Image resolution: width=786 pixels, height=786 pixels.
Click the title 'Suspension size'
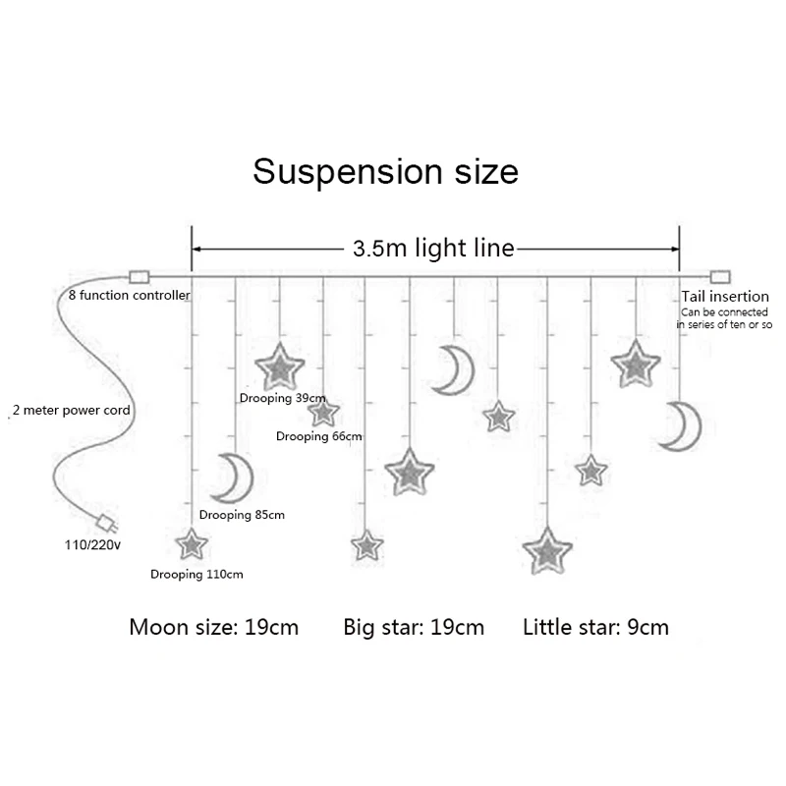tap(385, 171)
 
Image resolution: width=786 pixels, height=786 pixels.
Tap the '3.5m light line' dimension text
tap(433, 249)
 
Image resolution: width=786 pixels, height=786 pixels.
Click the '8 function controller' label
tap(129, 295)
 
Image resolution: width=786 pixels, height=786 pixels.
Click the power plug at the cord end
tap(102, 520)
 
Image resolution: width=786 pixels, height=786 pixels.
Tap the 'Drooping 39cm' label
tap(282, 398)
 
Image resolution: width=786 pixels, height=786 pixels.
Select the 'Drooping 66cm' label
tap(319, 436)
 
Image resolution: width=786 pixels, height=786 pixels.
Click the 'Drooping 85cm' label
tap(242, 515)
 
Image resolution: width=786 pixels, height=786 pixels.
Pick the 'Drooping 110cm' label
tap(196, 574)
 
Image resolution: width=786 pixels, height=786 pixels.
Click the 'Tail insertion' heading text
tap(725, 296)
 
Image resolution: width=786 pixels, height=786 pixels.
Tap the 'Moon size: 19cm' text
tap(213, 627)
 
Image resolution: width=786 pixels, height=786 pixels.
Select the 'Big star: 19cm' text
tap(414, 627)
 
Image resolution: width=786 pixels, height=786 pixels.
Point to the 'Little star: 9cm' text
tap(595, 627)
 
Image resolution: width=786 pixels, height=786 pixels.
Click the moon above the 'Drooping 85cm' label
tap(235, 478)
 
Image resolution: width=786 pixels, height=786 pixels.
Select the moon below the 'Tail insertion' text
tap(677, 426)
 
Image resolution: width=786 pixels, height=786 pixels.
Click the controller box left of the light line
tap(139, 276)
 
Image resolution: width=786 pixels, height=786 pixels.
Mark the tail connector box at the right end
tap(721, 276)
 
